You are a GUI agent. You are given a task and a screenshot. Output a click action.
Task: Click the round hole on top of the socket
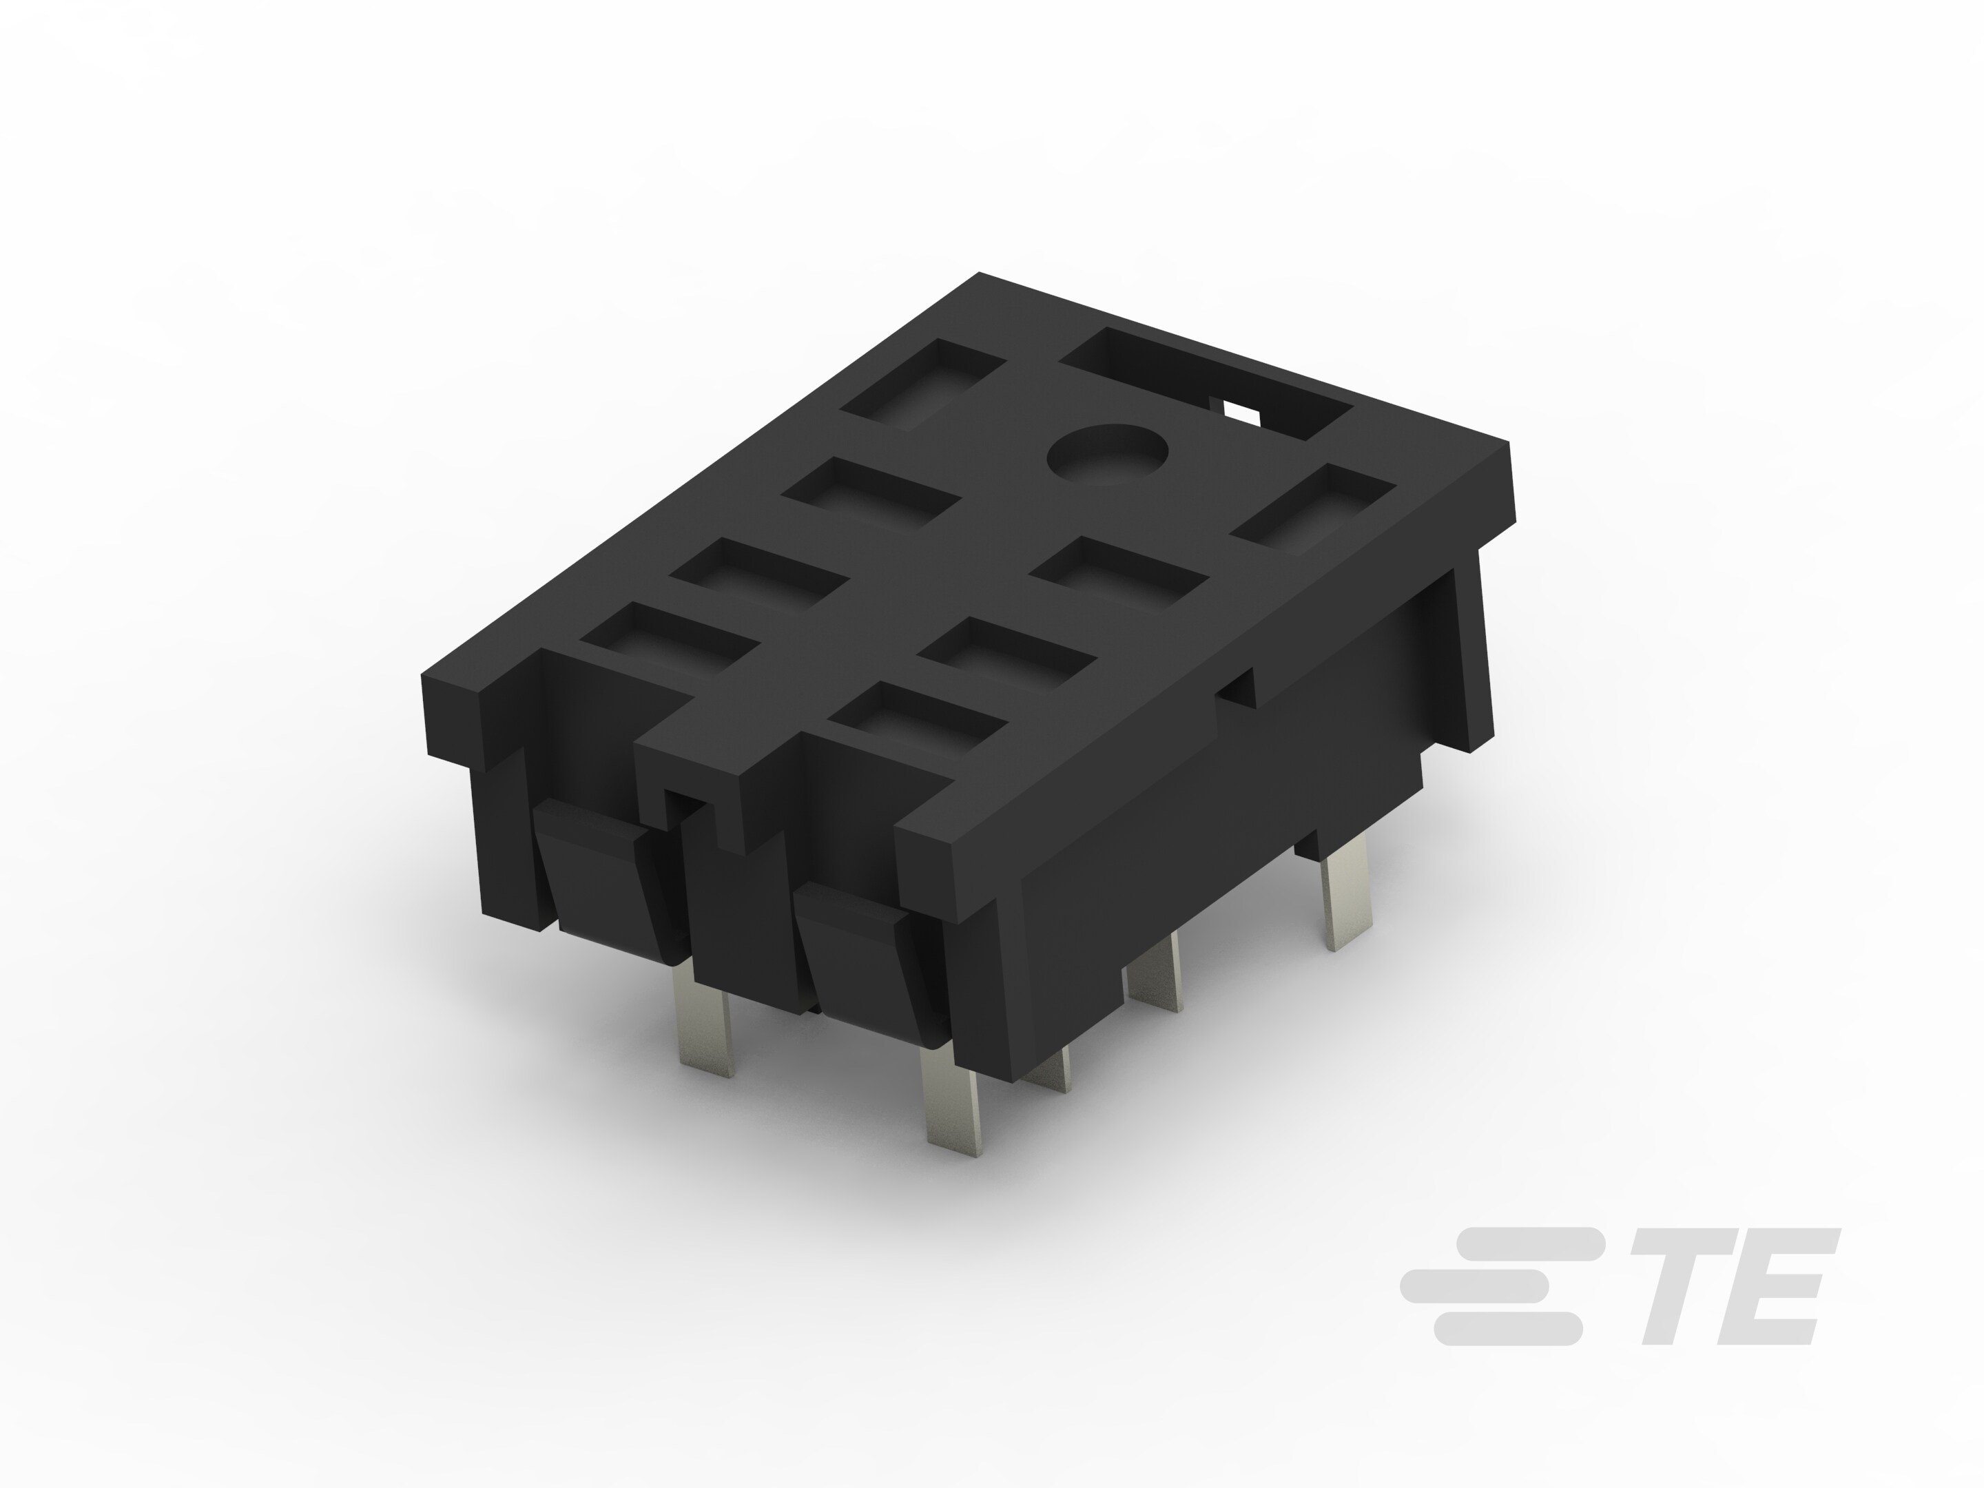click(x=1108, y=453)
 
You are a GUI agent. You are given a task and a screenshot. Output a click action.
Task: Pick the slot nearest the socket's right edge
click(x=1313, y=508)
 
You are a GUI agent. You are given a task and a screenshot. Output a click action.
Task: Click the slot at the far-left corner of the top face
click(x=922, y=384)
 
